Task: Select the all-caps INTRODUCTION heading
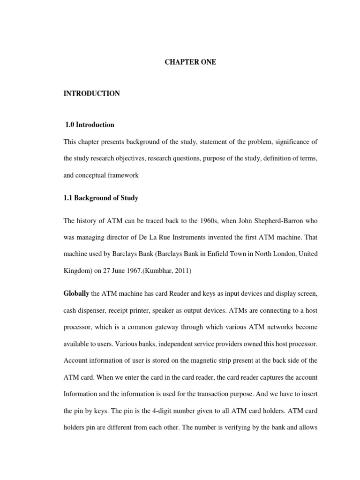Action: point(92,94)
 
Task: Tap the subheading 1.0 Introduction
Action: point(90,125)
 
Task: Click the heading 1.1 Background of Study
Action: point(101,198)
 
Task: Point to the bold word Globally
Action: point(76,293)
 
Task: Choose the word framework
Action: point(122,175)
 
